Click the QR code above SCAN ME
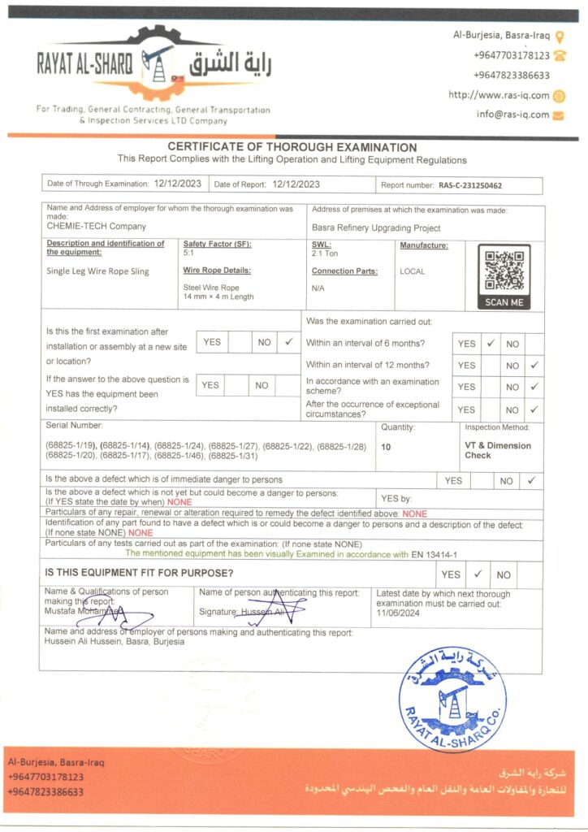pyautogui.click(x=504, y=271)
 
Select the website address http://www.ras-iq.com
pyautogui.click(x=499, y=95)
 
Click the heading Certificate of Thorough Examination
pyautogui.click(x=292, y=147)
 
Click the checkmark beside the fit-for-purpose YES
pyautogui.click(x=478, y=574)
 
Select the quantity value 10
pyautogui.click(x=385, y=447)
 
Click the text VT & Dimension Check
pyautogui.click(x=497, y=450)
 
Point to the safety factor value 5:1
pyautogui.click(x=188, y=253)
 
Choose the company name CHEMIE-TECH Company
pyautogui.click(x=97, y=226)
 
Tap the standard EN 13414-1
pyautogui.click(x=435, y=554)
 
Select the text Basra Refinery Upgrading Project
pyautogui.click(x=376, y=228)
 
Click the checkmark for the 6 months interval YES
pyautogui.click(x=490, y=343)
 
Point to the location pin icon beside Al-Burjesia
pyautogui.click(x=560, y=36)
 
